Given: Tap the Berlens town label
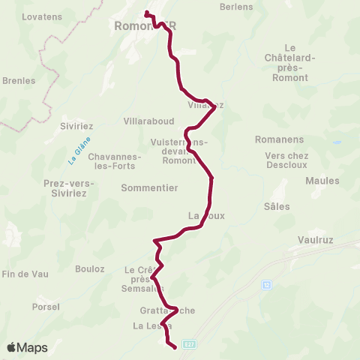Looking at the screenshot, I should pyautogui.click(x=236, y=7).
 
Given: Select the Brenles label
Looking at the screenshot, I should pyautogui.click(x=19, y=80).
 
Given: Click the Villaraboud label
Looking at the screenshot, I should pyautogui.click(x=148, y=121).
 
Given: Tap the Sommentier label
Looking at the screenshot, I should pyautogui.click(x=149, y=188).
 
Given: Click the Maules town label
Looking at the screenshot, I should pyautogui.click(x=322, y=181).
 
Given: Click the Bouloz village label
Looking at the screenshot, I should pyautogui.click(x=90, y=268).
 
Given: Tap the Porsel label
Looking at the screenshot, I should pyautogui.click(x=46, y=307).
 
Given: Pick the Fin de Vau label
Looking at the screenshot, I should pyautogui.click(x=25, y=274).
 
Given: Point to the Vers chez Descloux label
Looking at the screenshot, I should pyautogui.click(x=286, y=160).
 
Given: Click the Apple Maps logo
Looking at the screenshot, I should pyautogui.click(x=27, y=347).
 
